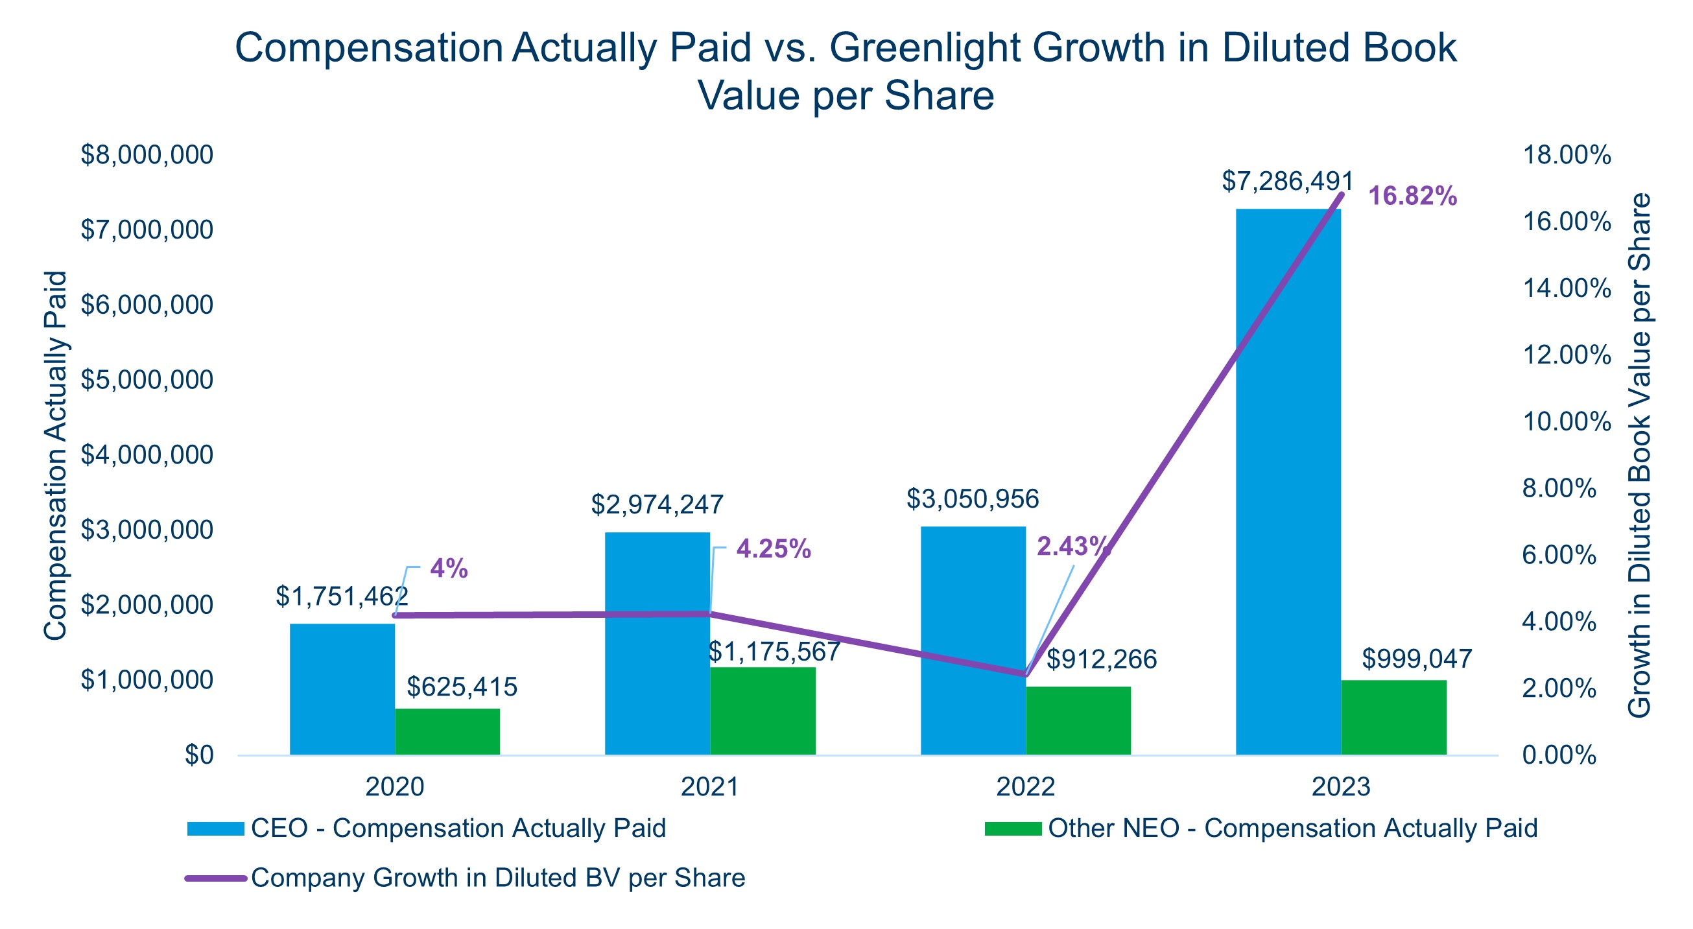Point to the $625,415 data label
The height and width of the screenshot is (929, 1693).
click(x=462, y=687)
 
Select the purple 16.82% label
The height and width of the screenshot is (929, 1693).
click(x=1412, y=196)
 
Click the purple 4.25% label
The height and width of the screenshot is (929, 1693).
click(x=774, y=549)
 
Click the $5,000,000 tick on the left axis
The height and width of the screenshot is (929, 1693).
click(x=147, y=380)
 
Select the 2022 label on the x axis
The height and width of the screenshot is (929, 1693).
click(x=1025, y=786)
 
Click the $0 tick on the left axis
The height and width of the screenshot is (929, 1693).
click(x=198, y=755)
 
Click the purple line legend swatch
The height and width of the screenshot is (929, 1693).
click(x=215, y=878)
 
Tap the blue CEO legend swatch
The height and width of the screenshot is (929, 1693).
click(x=215, y=829)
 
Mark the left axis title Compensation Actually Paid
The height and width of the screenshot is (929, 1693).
click(x=56, y=454)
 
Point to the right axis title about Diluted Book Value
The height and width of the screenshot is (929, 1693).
click(x=1640, y=454)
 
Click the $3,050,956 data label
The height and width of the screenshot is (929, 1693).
click(x=972, y=499)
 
